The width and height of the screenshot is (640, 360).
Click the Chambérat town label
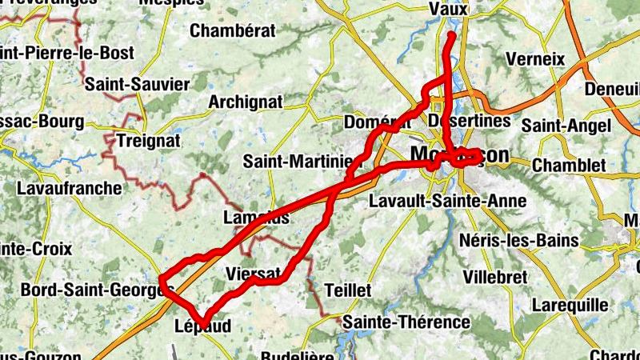pos(233,31)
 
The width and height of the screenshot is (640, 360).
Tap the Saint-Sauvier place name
pos(137,84)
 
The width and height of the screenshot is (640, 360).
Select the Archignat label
pos(246,102)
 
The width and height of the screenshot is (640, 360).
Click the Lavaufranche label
pos(69,189)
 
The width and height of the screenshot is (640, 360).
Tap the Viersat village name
pos(253,272)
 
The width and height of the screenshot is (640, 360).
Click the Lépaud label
pos(202,326)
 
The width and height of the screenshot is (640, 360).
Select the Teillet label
pos(349,290)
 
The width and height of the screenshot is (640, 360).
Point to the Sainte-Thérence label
pos(406,322)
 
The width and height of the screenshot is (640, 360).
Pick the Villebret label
pos(495,277)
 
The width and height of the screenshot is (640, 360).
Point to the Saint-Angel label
pos(566,125)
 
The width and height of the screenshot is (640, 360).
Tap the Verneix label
pos(535,59)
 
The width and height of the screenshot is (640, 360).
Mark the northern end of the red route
pos(452,35)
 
